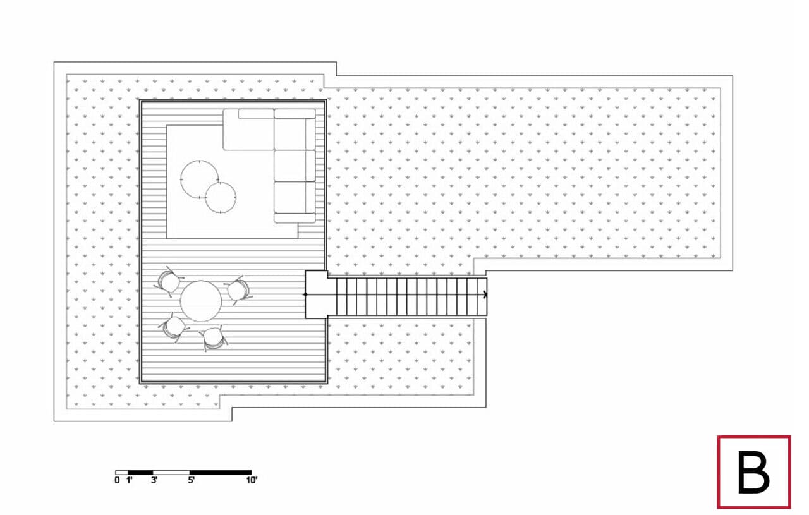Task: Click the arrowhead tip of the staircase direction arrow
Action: pos(487,294)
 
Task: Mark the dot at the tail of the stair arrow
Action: pos(305,294)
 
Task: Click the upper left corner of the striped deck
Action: pos(140,100)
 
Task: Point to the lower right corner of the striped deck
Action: pos(327,383)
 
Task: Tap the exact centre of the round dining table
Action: pos(201,301)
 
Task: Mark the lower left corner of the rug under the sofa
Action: pos(166,238)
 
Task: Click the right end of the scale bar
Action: pos(252,473)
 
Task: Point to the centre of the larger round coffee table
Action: pos(199,179)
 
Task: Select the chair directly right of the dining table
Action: pos(238,291)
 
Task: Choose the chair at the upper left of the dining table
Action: pos(169,282)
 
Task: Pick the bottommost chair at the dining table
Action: pos(213,338)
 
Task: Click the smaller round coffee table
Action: pos(221,198)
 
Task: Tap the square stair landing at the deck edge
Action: pos(317,294)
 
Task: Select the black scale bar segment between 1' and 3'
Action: pos(140,473)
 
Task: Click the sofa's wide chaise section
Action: pos(248,130)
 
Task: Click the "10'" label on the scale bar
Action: pos(252,480)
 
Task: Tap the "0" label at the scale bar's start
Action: pos(117,480)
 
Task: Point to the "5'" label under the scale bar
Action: pos(191,480)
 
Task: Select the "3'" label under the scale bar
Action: pos(154,480)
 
